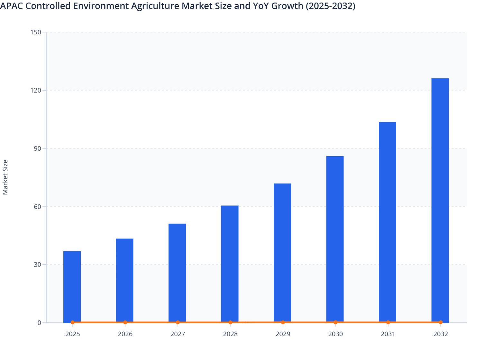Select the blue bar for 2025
tap(72, 286)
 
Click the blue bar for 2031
tap(388, 222)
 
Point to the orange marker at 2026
tap(125, 322)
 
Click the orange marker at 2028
tap(230, 322)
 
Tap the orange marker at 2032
tap(441, 322)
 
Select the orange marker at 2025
tap(72, 322)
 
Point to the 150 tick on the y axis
tap(36, 32)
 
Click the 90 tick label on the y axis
tap(37, 148)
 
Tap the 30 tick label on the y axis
tap(37, 265)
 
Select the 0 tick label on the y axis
tap(39, 323)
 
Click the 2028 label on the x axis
tap(230, 334)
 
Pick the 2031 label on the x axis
tap(388, 334)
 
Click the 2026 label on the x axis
tap(125, 334)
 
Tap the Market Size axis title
tap(5, 177)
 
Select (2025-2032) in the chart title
tap(330, 6)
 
